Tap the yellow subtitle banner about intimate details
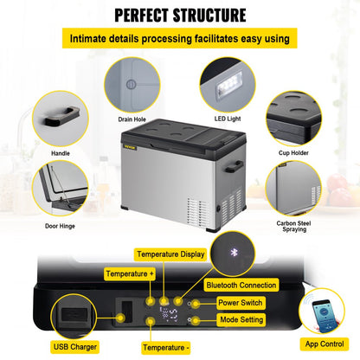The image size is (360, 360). click(x=180, y=39)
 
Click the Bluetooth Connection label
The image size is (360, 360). click(x=241, y=283)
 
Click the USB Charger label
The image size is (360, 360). click(x=75, y=347)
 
